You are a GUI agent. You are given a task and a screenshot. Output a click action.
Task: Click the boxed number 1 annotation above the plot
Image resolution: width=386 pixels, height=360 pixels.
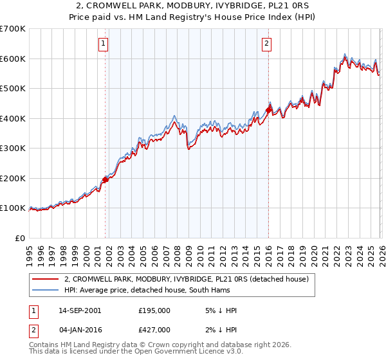tap(104, 44)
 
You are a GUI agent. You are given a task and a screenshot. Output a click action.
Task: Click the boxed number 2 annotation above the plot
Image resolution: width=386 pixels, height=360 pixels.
tap(266, 44)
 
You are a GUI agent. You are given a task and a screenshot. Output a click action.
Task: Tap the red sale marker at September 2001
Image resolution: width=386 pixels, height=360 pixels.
tap(105, 180)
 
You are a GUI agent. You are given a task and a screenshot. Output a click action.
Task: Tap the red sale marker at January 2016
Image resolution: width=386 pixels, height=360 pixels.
tap(268, 110)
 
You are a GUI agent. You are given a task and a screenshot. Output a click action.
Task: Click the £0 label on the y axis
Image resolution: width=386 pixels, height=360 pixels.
tap(21, 238)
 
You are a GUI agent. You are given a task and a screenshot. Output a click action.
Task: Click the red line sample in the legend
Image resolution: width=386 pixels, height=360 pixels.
tap(46, 279)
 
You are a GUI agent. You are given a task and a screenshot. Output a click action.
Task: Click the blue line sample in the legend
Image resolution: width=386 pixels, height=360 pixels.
tap(46, 290)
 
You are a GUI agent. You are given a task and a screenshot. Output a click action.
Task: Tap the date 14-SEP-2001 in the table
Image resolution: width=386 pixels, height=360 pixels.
tap(79, 310)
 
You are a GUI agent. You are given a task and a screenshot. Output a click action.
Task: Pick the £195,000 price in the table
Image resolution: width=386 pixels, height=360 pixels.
tap(154, 310)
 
